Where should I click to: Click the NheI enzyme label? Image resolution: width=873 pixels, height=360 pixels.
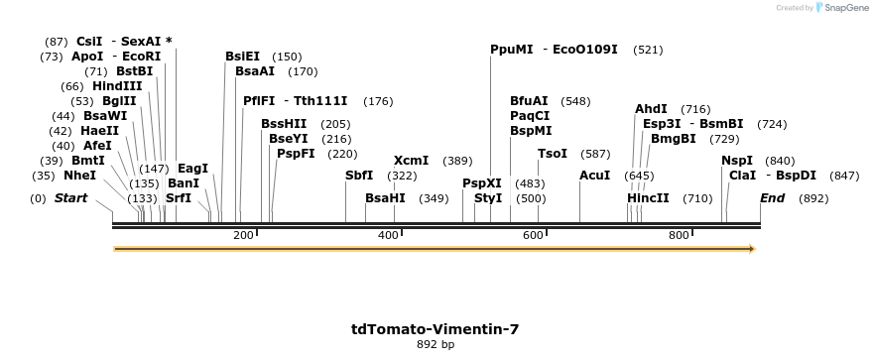coord(80,176)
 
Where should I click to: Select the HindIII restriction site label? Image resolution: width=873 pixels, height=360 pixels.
coord(117,86)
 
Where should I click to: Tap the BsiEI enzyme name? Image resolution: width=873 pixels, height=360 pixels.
coord(243,57)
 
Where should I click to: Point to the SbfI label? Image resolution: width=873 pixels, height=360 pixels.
coord(359,176)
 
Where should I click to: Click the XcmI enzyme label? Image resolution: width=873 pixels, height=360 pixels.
coord(412,161)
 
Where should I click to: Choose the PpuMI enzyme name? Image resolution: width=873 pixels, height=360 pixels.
coord(512,49)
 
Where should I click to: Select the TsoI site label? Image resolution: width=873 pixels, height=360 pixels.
coord(553,154)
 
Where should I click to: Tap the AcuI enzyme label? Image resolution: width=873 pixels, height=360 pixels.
coord(595,176)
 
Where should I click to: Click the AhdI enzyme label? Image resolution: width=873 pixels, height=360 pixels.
coord(652,109)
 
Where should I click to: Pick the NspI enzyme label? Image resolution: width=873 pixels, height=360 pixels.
coord(737,161)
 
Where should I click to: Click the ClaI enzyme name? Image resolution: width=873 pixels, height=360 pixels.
coord(743,176)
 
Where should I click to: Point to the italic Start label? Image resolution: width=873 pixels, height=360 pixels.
coord(70,198)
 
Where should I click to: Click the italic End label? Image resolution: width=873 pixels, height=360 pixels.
coord(773,198)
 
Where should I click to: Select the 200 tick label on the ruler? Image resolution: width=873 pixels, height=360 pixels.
coord(243,235)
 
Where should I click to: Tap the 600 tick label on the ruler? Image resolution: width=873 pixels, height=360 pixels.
coord(534,235)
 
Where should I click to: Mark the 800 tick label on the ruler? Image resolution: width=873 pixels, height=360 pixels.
coord(679,235)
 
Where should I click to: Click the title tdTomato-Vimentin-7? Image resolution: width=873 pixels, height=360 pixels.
coord(436,329)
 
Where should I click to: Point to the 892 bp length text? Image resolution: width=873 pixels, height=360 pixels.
coord(436,345)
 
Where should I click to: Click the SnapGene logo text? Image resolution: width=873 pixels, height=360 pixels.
coord(843,8)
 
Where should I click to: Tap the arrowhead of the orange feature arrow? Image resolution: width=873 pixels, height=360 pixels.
coord(751,248)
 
